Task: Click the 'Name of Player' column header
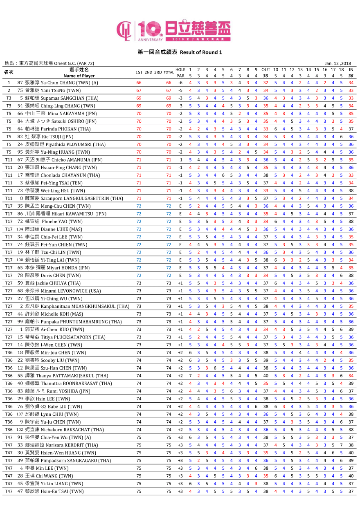[79, 76]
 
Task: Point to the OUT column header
[266, 70]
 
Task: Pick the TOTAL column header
[169, 72]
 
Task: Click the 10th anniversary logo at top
[173, 31]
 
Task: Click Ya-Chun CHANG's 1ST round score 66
[139, 83]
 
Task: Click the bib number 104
[20, 229]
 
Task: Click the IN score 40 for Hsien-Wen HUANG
[351, 453]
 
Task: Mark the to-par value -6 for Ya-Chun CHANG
[180, 83]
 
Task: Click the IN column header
[351, 70]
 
